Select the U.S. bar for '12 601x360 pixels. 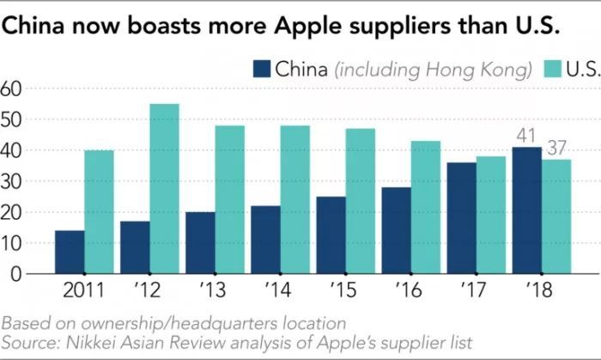point(164,189)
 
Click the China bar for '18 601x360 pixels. point(525,211)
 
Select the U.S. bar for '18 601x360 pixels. point(555,217)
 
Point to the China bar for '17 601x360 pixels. point(460,218)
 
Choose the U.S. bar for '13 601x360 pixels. point(229,199)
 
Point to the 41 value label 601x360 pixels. point(525,136)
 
